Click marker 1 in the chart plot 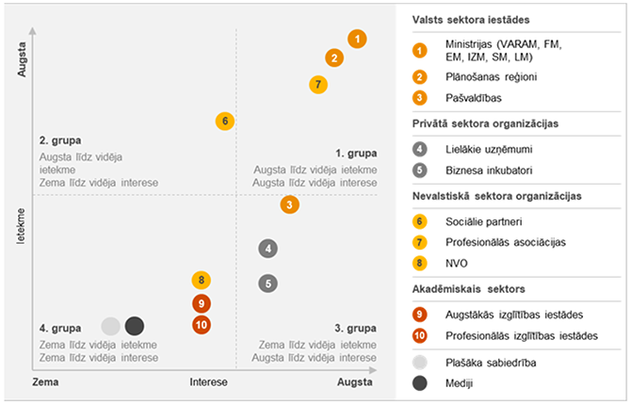[356, 39]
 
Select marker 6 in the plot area [224, 121]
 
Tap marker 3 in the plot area [290, 204]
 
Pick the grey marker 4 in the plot [268, 249]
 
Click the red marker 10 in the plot [201, 324]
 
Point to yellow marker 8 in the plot [201, 280]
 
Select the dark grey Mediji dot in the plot [135, 326]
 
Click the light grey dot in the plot [110, 326]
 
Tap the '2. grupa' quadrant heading [58, 140]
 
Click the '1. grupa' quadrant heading [356, 153]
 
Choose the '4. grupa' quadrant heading [58, 329]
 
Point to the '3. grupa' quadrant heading [356, 329]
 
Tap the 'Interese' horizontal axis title [209, 383]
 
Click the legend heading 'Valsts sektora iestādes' [472, 20]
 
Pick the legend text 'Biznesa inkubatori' [490, 170]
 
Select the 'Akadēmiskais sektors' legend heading [468, 289]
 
